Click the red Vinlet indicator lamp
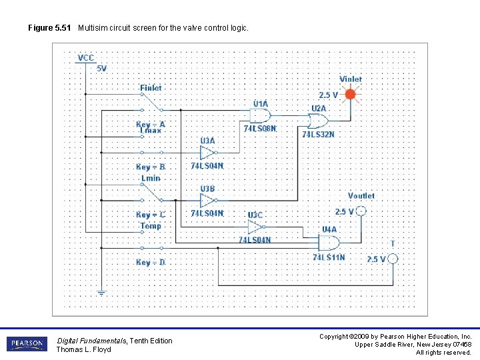point(351,95)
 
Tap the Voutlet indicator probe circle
point(361,211)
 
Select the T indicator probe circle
point(393,259)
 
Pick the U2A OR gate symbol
point(317,121)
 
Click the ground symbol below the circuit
point(101,293)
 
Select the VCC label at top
point(86,58)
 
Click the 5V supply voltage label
point(101,68)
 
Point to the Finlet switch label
point(151,87)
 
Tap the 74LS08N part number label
point(260,128)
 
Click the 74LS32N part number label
point(318,134)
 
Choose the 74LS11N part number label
point(329,257)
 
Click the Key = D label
point(151,262)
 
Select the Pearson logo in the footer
point(27,344)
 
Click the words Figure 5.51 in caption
point(50,28)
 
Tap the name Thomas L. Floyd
point(84,349)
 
